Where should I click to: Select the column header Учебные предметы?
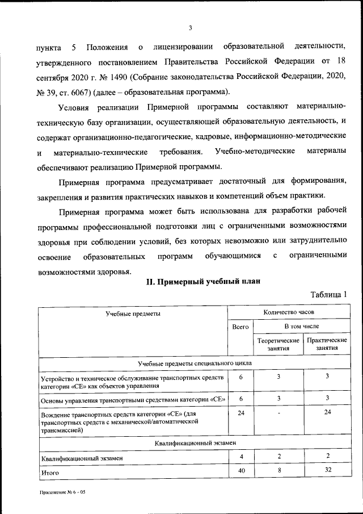133,313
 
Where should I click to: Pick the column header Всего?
240,327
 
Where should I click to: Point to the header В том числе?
301,327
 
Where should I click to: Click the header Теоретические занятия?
278,344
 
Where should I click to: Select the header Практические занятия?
327,344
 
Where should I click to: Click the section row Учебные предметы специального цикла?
195,363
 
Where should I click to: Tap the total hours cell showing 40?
241,471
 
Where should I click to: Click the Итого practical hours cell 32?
327,471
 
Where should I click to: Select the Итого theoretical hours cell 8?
278,471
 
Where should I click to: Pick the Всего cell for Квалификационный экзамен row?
241,457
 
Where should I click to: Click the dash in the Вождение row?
278,413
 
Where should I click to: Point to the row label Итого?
50,472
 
